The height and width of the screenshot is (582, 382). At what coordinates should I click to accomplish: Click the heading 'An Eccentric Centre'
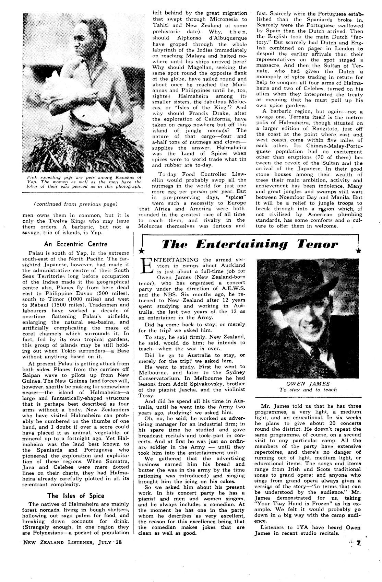click(76, 244)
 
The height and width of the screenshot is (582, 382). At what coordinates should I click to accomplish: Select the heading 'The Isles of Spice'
click(76, 496)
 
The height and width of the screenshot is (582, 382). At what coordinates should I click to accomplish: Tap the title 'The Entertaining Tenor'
click(250, 244)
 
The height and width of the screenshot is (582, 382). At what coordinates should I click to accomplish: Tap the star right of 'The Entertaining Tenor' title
click(358, 251)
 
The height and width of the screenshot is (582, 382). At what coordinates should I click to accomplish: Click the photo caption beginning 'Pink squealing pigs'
click(84, 182)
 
